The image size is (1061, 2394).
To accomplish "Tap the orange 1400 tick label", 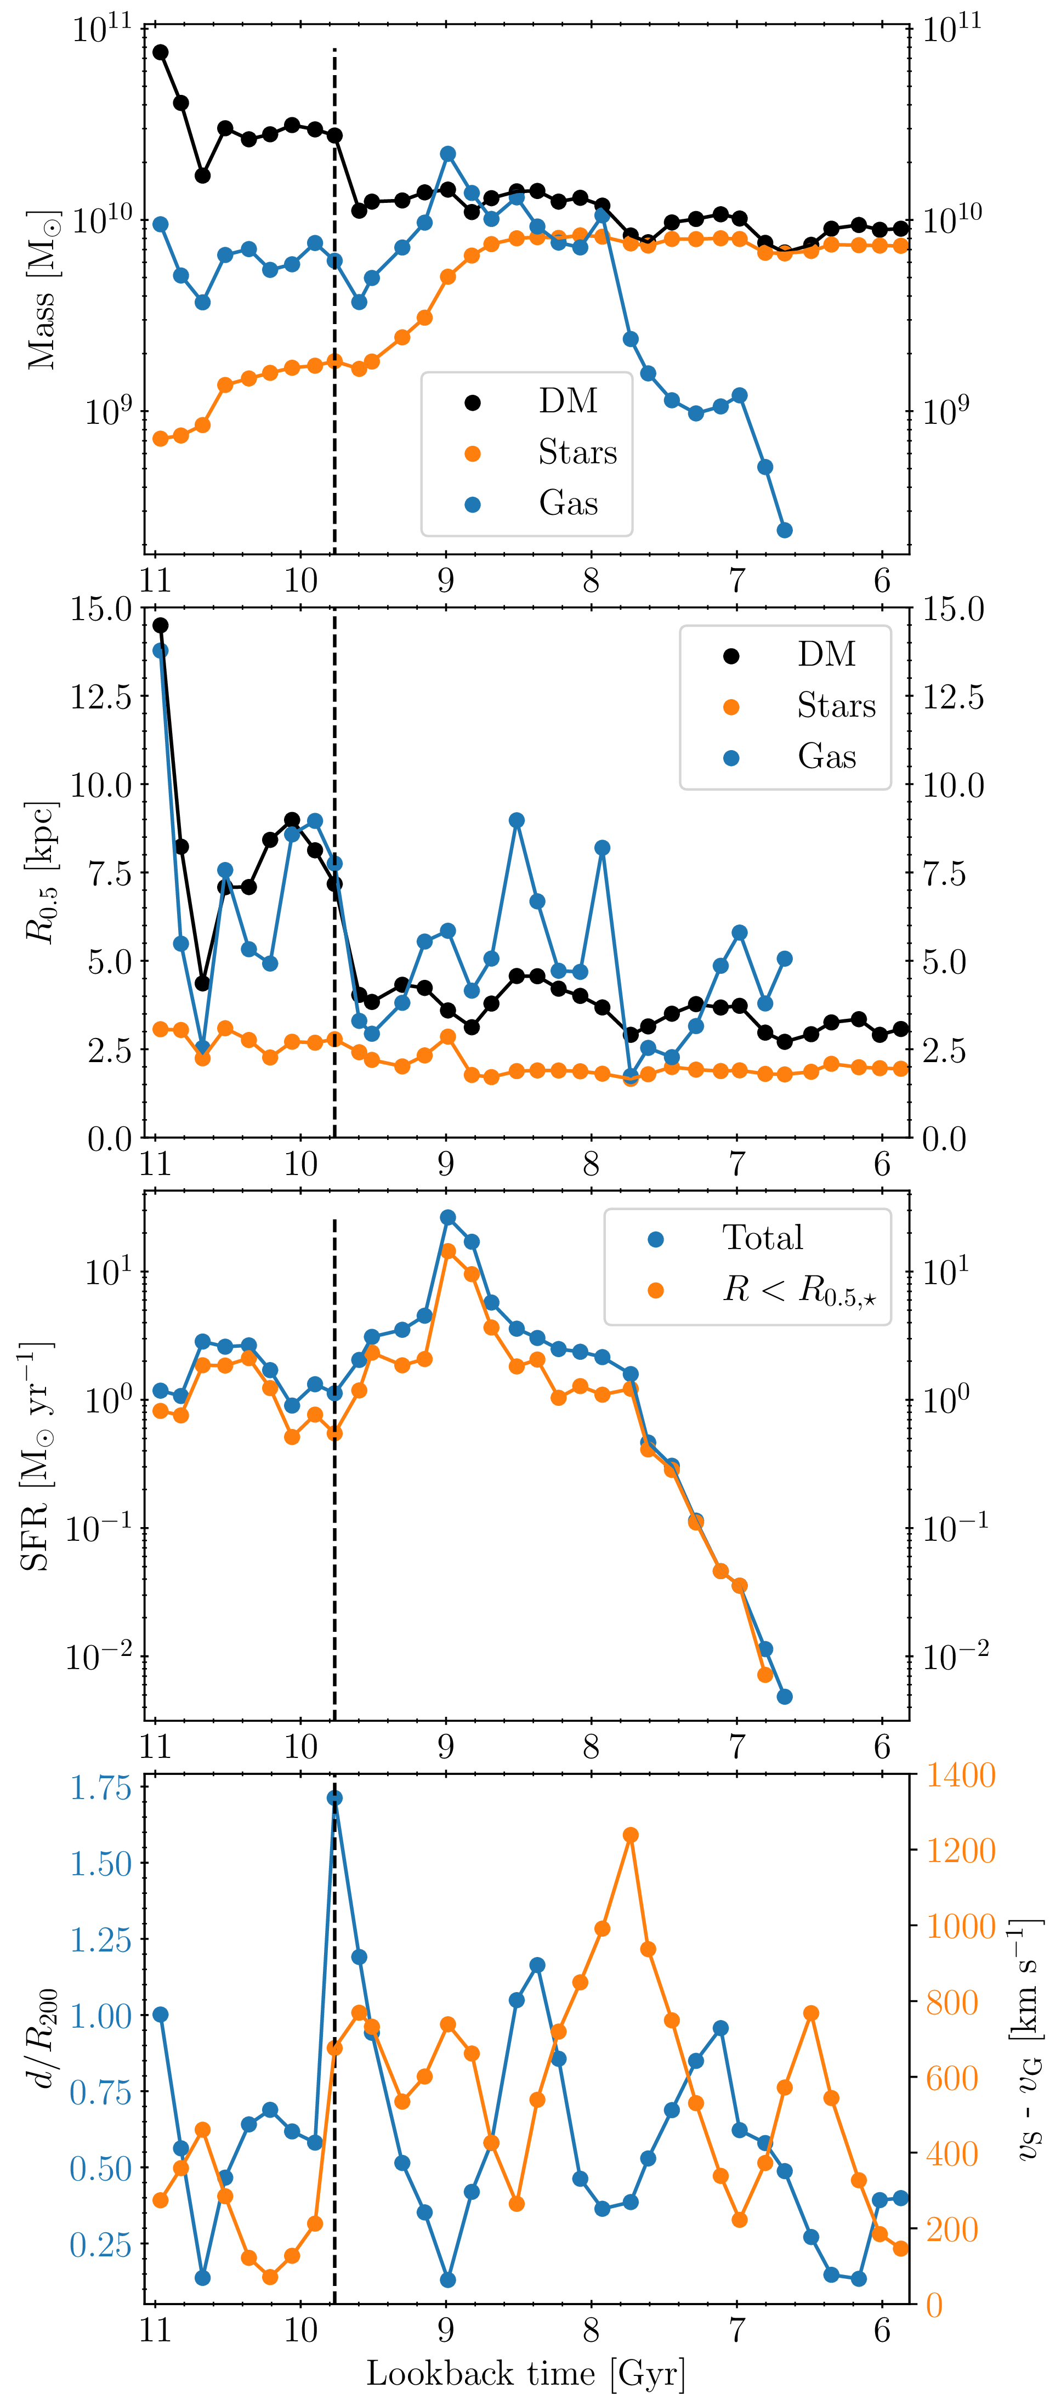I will point(960,1776).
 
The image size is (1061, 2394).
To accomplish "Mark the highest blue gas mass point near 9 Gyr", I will point(448,154).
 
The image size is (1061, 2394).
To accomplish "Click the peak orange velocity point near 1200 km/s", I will point(631,1835).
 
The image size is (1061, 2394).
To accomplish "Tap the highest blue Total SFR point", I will point(448,1217).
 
